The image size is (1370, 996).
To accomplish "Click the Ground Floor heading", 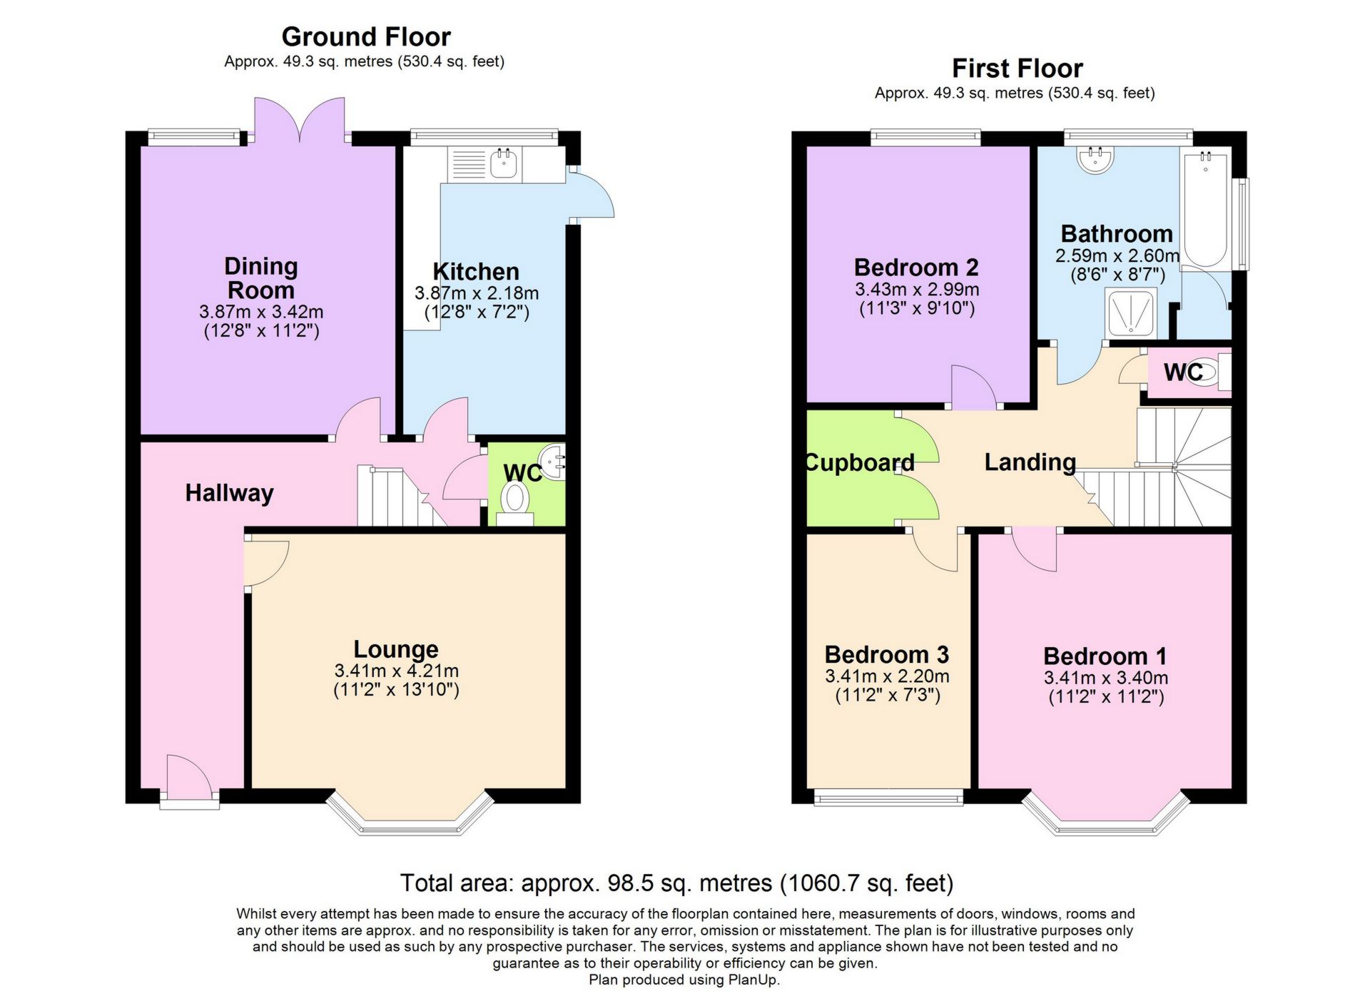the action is [366, 36].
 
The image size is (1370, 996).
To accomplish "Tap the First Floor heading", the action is [1017, 68].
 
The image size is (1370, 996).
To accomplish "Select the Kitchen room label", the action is [476, 271].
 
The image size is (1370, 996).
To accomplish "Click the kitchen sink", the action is [504, 164].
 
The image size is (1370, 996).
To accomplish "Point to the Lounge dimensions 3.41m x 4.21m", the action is [396, 671].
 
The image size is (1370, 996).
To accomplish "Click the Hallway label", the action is [229, 493].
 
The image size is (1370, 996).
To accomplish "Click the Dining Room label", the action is [260, 278].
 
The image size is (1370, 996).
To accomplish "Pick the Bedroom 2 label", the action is [916, 268].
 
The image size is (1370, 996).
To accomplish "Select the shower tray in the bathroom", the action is [1131, 312].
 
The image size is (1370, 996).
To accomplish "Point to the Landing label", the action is [1030, 462].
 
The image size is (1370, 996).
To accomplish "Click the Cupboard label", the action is [860, 463].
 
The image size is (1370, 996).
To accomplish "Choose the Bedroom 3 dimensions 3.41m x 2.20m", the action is [887, 676].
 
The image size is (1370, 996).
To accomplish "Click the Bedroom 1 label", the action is [1105, 656].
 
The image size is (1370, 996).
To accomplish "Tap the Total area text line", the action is [676, 883].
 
